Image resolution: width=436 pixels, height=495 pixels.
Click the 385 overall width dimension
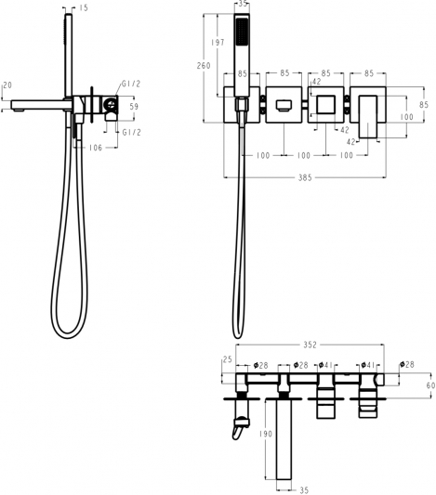click(305, 177)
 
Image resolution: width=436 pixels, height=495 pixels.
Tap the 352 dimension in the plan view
click(310, 345)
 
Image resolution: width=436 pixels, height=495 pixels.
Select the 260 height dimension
click(204, 66)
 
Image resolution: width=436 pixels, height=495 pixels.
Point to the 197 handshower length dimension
click(218, 43)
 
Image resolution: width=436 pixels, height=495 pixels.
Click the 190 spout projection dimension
click(265, 434)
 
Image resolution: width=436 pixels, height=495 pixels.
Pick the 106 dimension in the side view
click(96, 148)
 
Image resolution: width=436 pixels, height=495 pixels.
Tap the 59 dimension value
click(134, 107)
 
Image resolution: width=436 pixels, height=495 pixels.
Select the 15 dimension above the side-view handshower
click(84, 7)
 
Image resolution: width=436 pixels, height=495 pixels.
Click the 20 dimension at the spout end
click(7, 85)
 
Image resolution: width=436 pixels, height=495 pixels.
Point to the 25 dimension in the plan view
click(228, 359)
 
